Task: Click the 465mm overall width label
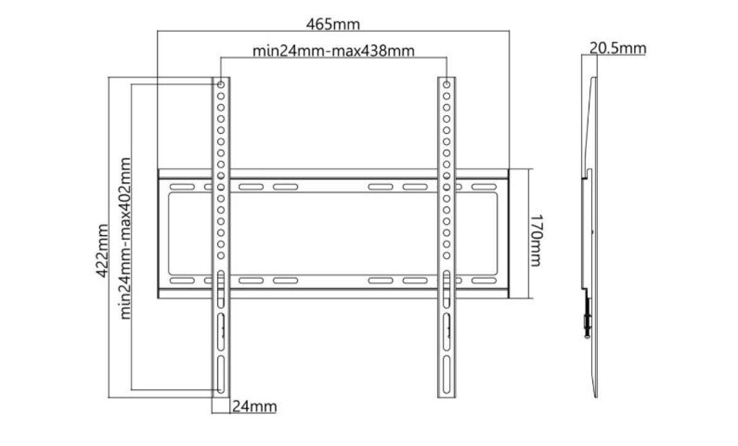point(333,25)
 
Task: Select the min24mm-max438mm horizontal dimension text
point(333,50)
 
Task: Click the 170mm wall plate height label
point(535,241)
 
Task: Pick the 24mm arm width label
point(254,407)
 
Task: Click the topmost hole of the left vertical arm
point(221,84)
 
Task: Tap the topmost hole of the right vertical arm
point(446,84)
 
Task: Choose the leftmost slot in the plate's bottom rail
point(180,281)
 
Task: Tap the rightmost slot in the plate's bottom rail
point(485,281)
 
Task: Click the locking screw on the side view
point(587,322)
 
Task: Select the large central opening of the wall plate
point(333,234)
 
